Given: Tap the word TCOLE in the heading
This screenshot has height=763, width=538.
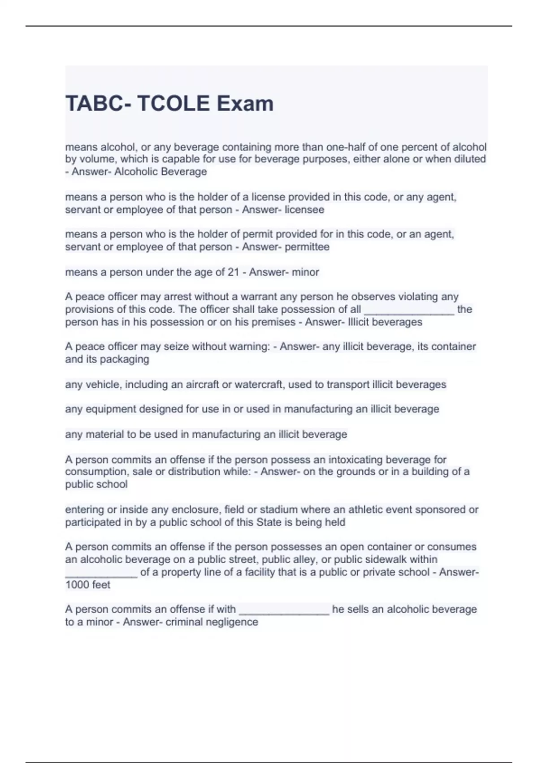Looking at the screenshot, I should point(174,104).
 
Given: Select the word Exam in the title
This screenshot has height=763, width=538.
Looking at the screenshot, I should point(245,104).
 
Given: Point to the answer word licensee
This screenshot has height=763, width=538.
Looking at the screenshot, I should point(304,210).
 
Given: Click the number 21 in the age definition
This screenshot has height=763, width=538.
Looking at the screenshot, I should point(233,272).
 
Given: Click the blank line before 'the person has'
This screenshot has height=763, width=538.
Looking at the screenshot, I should point(409,310).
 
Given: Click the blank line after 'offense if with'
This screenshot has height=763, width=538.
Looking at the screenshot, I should point(284,610).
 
